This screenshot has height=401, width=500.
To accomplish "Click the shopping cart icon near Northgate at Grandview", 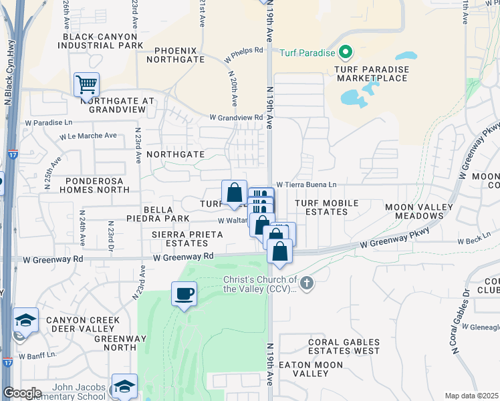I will [86, 85].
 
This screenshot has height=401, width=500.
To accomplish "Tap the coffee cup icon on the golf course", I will [184, 293].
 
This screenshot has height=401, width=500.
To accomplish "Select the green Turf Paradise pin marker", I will [345, 51].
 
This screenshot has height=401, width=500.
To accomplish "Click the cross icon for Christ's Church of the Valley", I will [307, 283].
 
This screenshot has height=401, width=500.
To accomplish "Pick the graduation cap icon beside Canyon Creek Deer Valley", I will [25, 321].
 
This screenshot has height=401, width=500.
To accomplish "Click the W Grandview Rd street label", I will [236, 117].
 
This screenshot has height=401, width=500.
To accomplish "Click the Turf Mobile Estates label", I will [323, 207].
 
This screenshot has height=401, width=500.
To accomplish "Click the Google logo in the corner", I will [21, 393].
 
